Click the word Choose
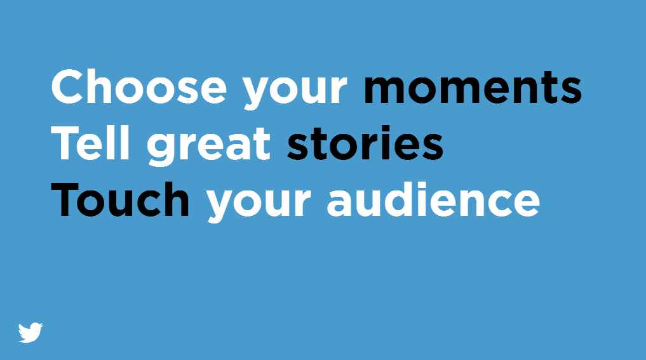[139, 87]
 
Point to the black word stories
[365, 142]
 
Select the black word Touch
[120, 199]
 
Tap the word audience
[433, 199]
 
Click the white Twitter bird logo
[30, 333]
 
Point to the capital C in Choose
[67, 87]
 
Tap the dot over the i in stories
[384, 129]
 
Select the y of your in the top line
[256, 94]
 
